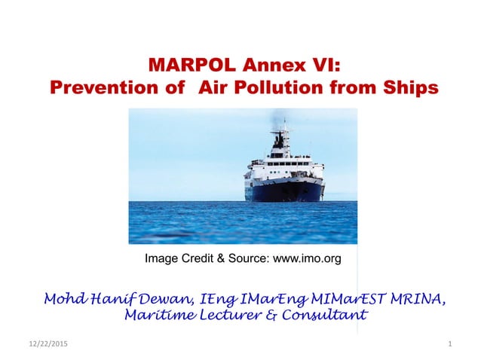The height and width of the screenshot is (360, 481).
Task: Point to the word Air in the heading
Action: click(x=213, y=87)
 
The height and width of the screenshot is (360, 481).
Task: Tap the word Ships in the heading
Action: click(x=410, y=87)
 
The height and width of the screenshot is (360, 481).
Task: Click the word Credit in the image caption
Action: click(x=195, y=259)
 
